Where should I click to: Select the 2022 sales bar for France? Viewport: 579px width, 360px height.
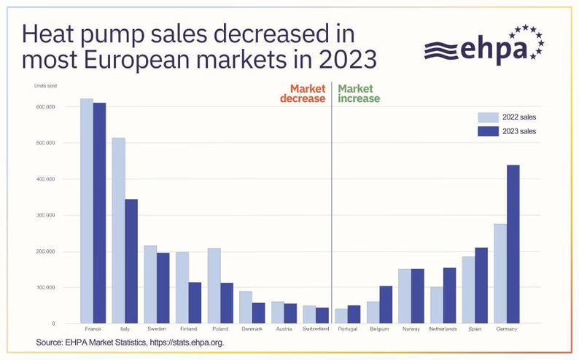pos(86,211)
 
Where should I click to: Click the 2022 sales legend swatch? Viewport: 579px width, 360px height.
pos(488,117)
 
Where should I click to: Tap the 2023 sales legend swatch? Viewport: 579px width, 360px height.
pos(488,131)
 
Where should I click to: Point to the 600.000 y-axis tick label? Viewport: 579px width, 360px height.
pos(45,107)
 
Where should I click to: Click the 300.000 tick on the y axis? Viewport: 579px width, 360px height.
pos(45,216)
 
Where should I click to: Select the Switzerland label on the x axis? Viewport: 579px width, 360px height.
pos(316,329)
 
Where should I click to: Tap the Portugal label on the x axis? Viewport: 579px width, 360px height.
pos(348,329)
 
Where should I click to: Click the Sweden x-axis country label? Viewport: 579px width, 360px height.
pos(157,329)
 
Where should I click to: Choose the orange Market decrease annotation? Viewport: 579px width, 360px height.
pos(303,93)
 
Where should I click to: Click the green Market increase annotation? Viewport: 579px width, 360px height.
pos(359,93)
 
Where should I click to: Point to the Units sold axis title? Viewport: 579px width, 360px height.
pos(45,86)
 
